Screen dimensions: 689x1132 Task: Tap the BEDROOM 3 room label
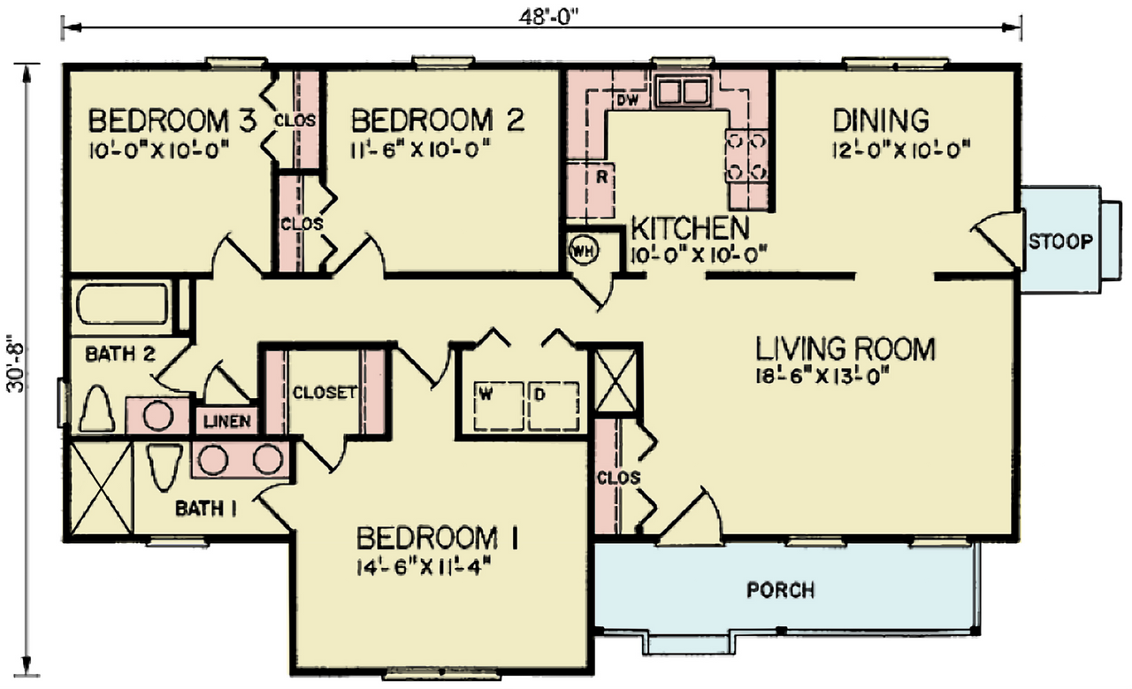coord(172,119)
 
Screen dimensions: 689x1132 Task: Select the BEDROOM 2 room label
coord(438,119)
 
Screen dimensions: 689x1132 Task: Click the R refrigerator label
coord(601,176)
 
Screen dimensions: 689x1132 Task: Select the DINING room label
coord(881,119)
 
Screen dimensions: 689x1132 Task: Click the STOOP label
coord(1060,241)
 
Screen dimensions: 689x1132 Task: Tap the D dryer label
coord(540,393)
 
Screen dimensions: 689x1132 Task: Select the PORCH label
coord(781,590)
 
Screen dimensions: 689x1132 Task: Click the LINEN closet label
coord(227,422)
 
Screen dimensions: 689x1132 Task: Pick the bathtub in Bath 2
coord(122,303)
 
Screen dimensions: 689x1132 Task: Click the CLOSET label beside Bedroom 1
coord(324,392)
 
